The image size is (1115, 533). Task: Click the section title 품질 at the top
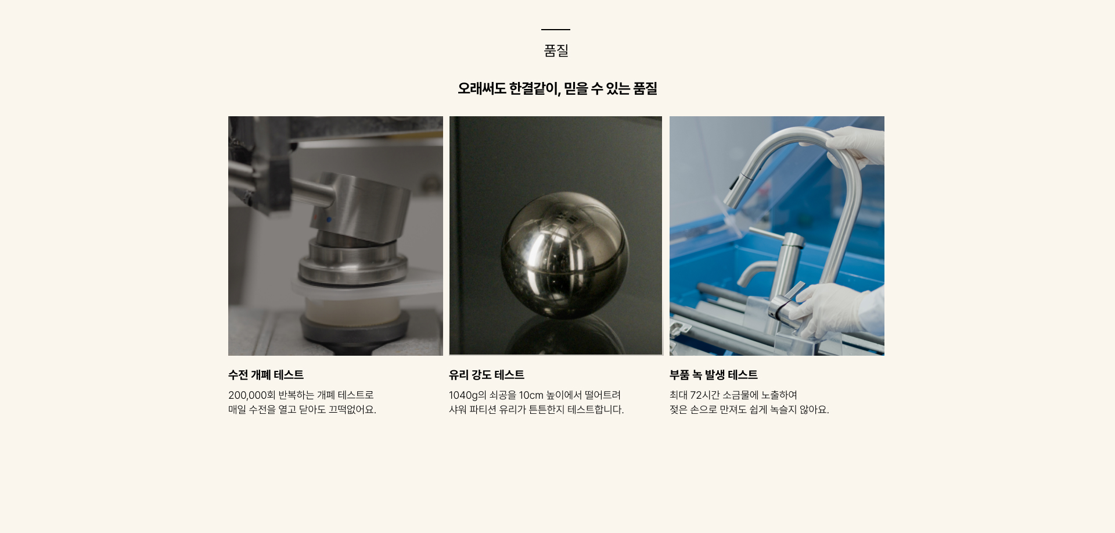coord(556,51)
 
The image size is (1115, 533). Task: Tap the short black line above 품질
coord(556,30)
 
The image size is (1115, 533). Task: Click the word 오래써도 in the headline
coord(481,88)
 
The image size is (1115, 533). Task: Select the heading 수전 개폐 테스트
coord(266,375)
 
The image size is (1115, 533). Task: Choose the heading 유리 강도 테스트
coord(487,375)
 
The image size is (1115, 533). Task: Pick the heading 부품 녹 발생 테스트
coord(714,375)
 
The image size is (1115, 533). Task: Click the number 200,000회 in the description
coord(252,395)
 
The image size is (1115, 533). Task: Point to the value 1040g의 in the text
coord(467,395)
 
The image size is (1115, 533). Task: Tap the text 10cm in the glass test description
coord(531,395)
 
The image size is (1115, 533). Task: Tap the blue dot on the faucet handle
coord(329,219)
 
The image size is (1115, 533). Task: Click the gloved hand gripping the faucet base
coord(825,311)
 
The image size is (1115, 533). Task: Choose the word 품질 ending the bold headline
coord(645,88)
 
